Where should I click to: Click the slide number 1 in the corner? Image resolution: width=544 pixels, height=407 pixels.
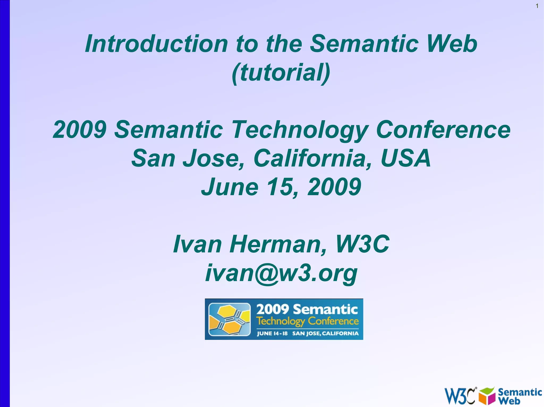pos(537,6)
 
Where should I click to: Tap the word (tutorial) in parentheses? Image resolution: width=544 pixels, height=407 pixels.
pos(281,73)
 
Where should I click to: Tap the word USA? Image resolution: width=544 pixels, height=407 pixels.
pos(405,159)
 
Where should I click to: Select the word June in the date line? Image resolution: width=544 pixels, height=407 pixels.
pos(229,187)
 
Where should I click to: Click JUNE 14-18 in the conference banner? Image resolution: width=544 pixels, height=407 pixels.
pos(272,334)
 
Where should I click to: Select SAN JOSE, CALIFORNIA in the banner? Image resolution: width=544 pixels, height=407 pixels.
pos(325,334)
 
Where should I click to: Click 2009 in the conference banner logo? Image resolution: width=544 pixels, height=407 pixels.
pos(273,309)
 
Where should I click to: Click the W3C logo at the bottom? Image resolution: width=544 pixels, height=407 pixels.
pos(460,396)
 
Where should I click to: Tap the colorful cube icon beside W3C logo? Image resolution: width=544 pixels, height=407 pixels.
pos(487,396)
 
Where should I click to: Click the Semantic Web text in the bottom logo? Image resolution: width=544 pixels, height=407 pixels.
pos(519,396)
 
